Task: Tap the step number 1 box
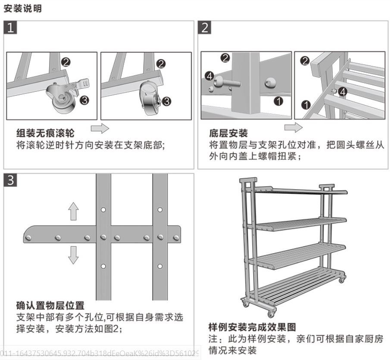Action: (12, 28)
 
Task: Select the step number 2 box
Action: (206, 28)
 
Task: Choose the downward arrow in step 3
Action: (74, 254)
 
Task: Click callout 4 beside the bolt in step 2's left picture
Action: (210, 76)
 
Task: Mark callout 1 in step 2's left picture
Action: (278, 101)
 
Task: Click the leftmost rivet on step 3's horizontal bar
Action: (28, 238)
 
